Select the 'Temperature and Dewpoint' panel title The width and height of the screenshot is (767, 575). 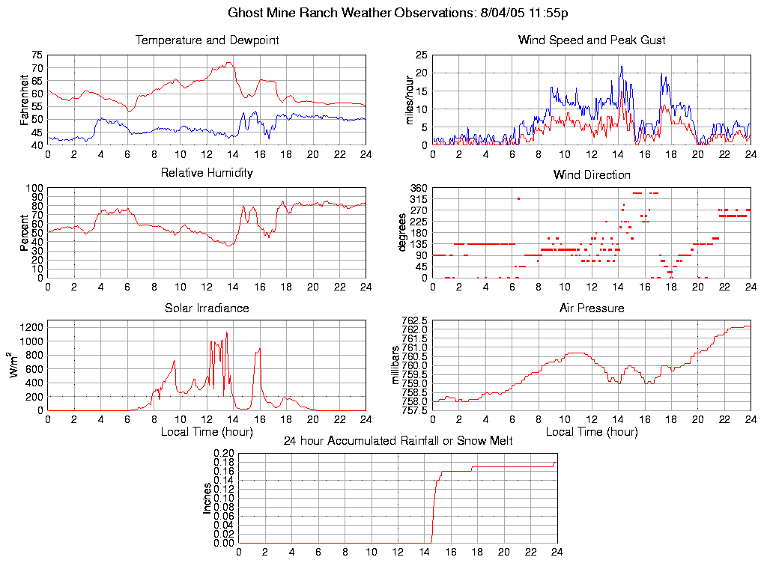[x=207, y=40]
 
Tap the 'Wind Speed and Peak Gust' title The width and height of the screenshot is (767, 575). [x=592, y=40]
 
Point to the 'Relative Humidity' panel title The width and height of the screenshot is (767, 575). [x=207, y=173]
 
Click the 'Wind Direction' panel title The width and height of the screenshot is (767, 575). [x=592, y=175]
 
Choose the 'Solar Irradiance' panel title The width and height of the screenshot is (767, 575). [x=207, y=308]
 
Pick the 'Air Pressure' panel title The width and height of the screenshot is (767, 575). [x=592, y=308]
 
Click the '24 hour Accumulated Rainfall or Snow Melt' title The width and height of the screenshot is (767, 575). [x=398, y=441]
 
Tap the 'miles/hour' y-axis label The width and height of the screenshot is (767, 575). [x=410, y=100]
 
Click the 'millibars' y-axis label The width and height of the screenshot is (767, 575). [x=396, y=365]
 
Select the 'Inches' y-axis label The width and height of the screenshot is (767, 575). [x=207, y=498]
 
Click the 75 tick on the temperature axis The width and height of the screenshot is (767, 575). [x=37, y=55]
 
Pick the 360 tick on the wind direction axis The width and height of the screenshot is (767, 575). [x=418, y=188]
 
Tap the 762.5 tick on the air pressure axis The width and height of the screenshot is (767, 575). [x=414, y=320]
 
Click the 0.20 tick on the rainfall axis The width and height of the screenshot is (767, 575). [x=225, y=453]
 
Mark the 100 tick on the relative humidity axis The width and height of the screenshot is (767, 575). [x=34, y=188]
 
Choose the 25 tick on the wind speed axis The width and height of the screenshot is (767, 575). [x=421, y=55]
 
